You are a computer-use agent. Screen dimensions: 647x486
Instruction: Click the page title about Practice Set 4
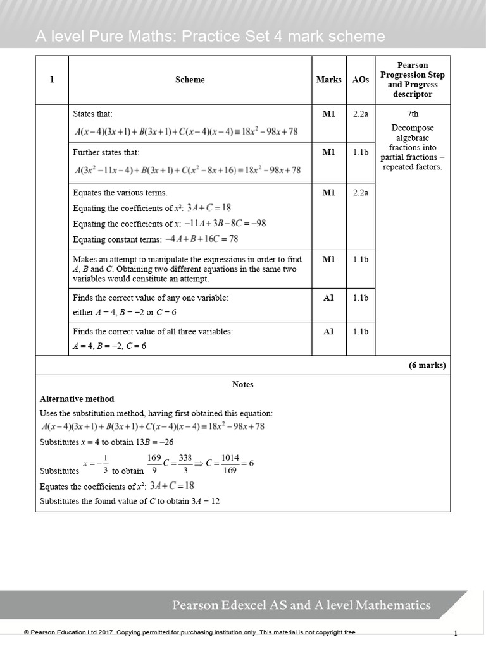[210, 37]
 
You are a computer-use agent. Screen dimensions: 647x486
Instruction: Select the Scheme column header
[190, 80]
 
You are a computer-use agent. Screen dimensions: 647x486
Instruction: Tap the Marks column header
[328, 80]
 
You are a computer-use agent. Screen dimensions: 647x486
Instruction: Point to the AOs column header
[361, 80]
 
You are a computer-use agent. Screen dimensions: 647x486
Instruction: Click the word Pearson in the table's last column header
[412, 65]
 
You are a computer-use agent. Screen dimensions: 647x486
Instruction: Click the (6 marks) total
[427, 365]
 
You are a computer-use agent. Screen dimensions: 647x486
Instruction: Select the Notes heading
[242, 384]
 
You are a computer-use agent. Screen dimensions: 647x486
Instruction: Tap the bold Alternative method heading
[77, 399]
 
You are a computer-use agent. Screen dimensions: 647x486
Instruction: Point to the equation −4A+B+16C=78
[201, 239]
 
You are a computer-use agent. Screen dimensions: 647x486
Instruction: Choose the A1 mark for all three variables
[328, 331]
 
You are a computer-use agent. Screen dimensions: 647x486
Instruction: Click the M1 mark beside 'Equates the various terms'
[328, 193]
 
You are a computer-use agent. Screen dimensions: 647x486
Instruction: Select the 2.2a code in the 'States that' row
[361, 114]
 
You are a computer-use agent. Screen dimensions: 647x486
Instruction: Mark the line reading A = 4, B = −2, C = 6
[109, 346]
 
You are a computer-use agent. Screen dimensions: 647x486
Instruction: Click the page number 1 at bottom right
[456, 632]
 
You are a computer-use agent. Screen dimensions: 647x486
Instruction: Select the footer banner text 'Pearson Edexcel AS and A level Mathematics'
[302, 605]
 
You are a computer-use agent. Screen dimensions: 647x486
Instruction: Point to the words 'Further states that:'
[106, 152]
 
